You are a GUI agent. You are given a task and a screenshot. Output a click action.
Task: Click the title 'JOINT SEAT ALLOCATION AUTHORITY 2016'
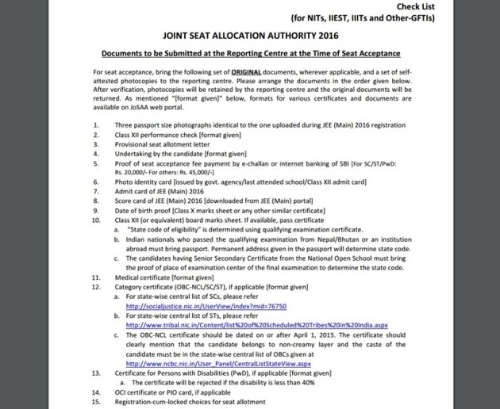point(250,36)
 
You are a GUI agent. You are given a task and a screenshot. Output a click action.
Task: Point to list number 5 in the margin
point(95,164)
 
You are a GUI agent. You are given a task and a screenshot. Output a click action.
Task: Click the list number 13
point(96,372)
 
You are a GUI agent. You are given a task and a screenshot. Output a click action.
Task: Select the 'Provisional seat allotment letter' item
point(166,145)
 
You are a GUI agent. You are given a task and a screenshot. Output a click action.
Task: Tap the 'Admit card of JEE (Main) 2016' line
point(164,192)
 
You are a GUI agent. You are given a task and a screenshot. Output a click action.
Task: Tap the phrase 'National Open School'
point(368,258)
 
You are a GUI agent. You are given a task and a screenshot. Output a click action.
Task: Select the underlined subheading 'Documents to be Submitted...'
point(250,53)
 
